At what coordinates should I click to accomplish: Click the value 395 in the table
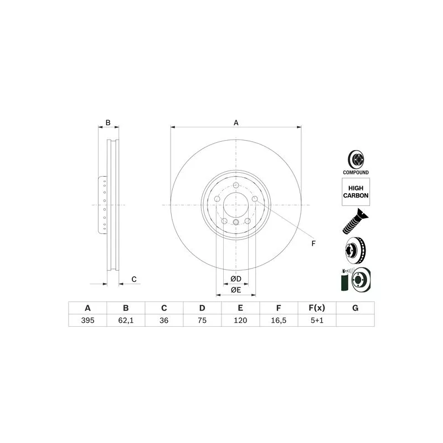[87, 321]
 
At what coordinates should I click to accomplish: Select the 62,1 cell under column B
[126, 321]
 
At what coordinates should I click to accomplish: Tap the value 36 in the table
[164, 321]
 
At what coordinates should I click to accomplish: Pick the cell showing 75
[202, 321]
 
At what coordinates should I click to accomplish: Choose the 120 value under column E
[240, 321]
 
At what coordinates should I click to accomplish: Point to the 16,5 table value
[279, 321]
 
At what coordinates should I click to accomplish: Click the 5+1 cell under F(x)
[317, 321]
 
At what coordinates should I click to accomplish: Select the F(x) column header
[317, 308]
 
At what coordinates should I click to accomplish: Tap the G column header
[356, 308]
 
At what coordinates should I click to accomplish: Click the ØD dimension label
[236, 279]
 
